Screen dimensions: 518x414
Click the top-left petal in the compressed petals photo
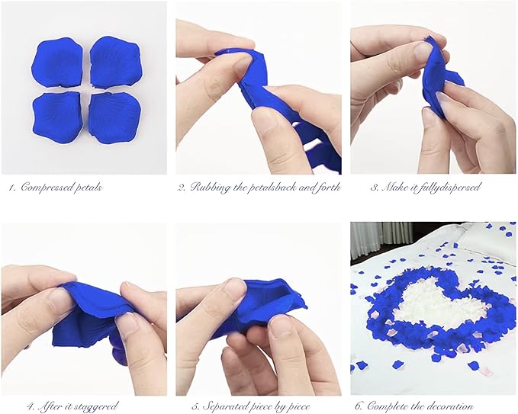pos(56,62)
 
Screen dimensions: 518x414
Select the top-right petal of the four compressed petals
pos(115,62)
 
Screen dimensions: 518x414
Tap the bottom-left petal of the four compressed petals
pos(56,117)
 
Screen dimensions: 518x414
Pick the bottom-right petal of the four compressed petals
pos(114,117)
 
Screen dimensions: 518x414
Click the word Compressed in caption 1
pos(46,188)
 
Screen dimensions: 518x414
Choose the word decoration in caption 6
pos(451,406)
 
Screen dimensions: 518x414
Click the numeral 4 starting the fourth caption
pos(31,406)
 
